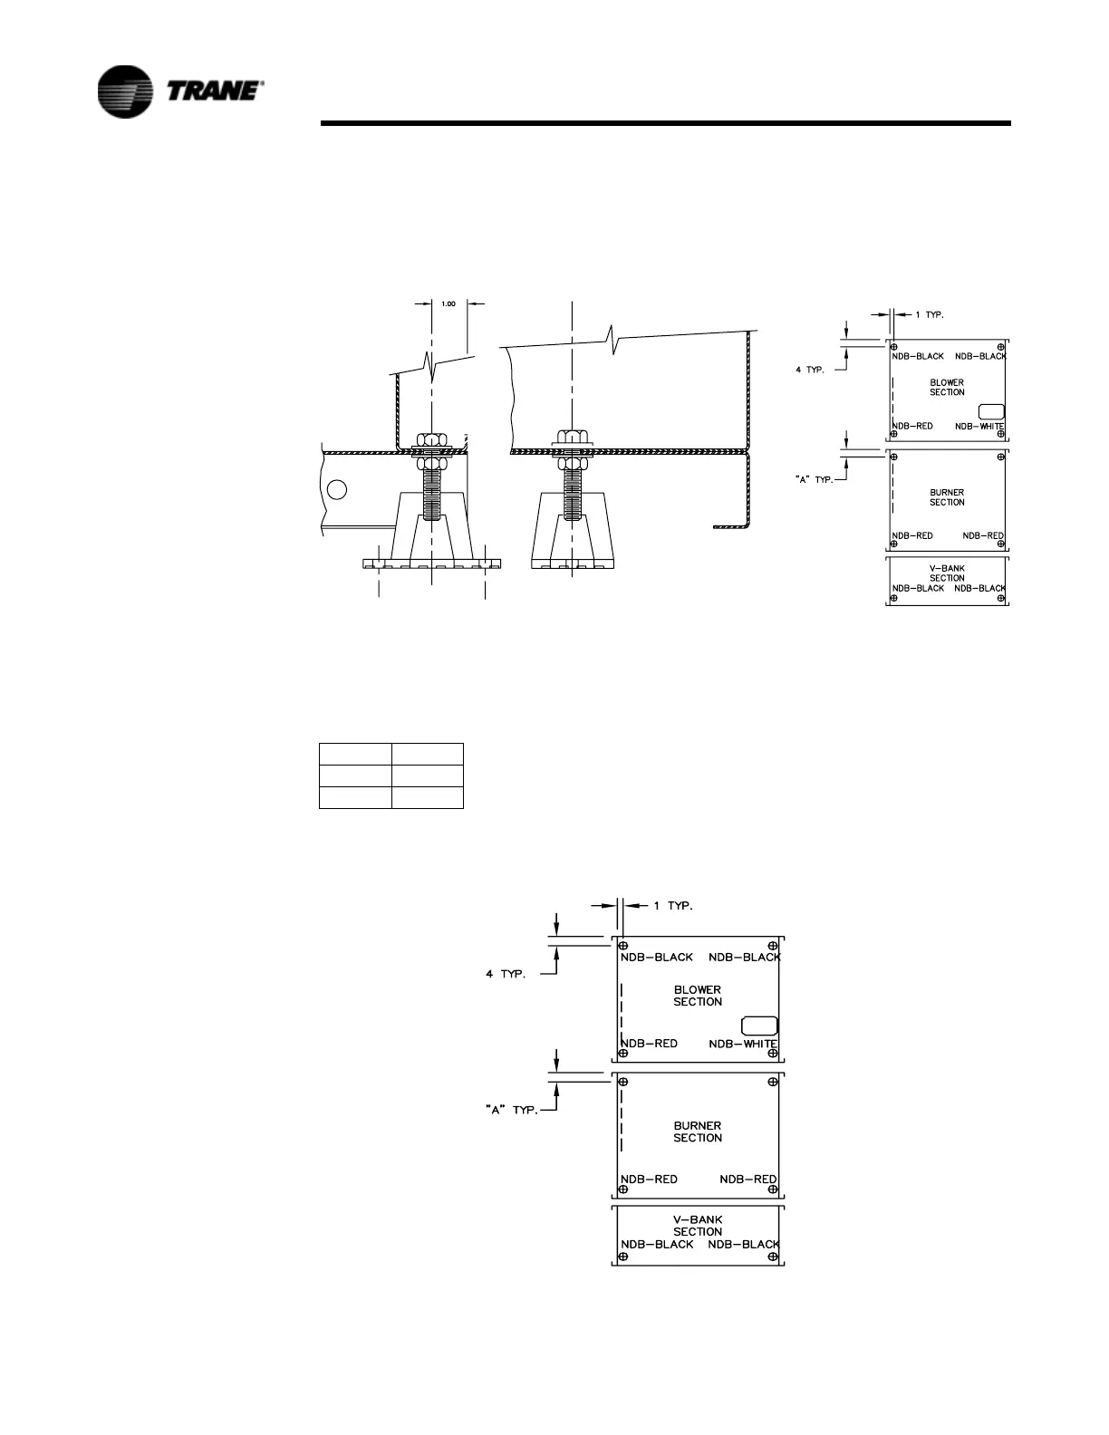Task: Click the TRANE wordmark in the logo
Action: click(x=215, y=91)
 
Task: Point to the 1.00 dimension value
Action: click(x=448, y=303)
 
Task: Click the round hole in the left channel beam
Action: click(x=337, y=490)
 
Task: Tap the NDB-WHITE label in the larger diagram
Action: click(x=742, y=1044)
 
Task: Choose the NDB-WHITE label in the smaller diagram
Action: click(x=979, y=426)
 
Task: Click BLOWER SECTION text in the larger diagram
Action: click(x=698, y=996)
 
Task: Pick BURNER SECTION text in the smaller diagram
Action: click(x=947, y=497)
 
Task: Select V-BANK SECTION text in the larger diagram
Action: click(x=698, y=1226)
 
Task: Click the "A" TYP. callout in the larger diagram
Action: click(x=512, y=1110)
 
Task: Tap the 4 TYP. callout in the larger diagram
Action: click(x=506, y=974)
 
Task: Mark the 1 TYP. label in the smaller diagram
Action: click(x=929, y=314)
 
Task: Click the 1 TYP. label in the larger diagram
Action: click(x=673, y=905)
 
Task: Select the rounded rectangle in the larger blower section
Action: click(x=759, y=1026)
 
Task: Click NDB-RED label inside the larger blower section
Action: click(x=649, y=1044)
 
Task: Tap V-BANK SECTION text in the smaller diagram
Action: click(x=947, y=573)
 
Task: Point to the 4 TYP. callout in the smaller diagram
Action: click(x=810, y=371)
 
